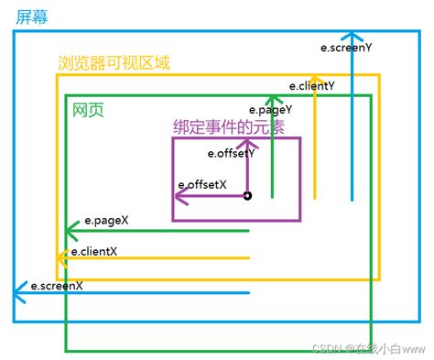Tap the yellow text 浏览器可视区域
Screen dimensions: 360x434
click(113, 64)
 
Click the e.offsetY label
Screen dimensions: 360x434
click(231, 153)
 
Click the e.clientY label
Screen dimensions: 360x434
click(312, 85)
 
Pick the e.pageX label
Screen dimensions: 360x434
click(106, 220)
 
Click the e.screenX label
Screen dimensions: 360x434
click(57, 285)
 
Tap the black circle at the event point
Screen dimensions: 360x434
click(247, 195)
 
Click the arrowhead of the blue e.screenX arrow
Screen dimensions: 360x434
click(18, 293)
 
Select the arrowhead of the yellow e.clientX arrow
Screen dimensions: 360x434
click(60, 258)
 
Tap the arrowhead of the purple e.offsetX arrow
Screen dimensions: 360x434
click(179, 195)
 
